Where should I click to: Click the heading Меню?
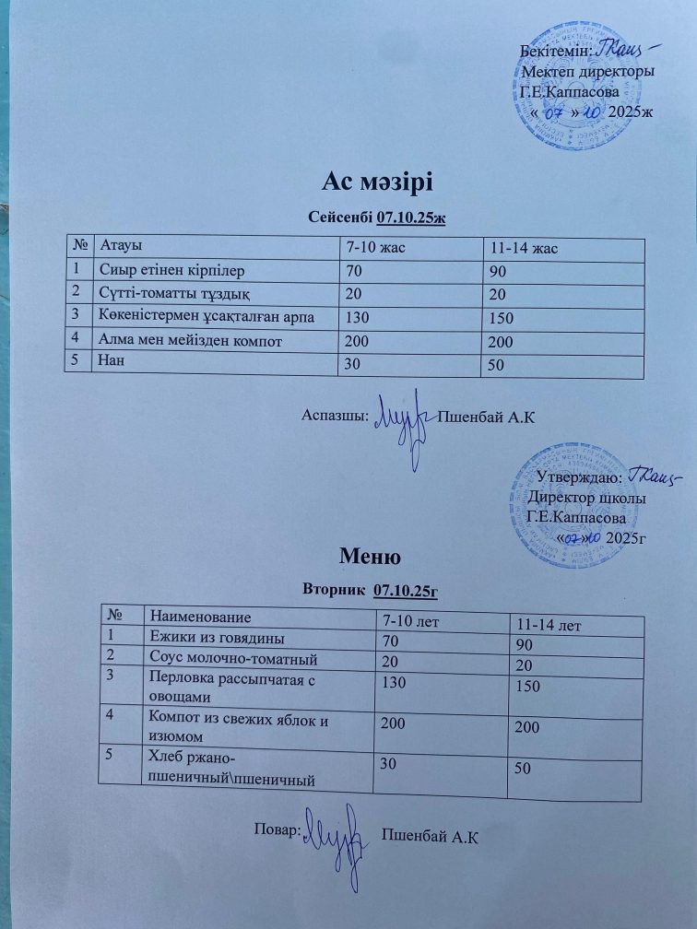point(369,556)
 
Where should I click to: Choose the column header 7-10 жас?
point(377,247)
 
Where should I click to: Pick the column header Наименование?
point(200,614)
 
